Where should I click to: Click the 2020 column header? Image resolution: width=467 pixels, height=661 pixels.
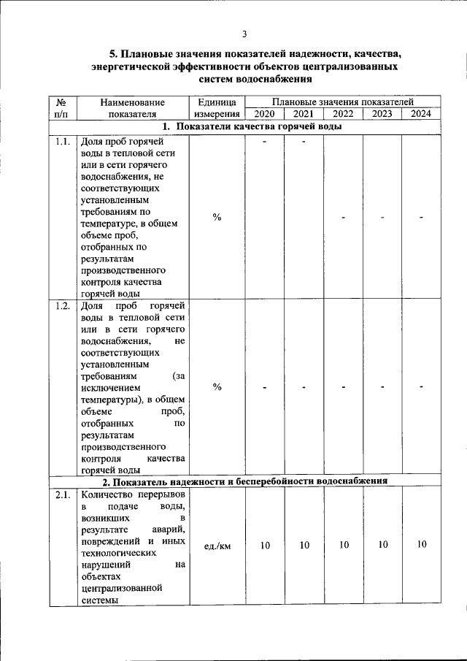point(264,114)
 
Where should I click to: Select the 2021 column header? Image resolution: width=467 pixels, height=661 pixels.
point(304,114)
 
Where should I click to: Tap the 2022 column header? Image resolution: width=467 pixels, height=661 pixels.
point(343,114)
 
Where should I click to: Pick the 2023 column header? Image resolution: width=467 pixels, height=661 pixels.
point(382,114)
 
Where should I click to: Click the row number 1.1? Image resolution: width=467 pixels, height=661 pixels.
point(62,142)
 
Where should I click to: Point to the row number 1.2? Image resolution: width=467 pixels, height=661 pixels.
point(62,306)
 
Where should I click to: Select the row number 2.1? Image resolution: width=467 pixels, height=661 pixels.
point(62,496)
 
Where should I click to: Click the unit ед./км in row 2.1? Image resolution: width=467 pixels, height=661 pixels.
point(217,546)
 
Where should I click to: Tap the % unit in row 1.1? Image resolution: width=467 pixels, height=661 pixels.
point(217,218)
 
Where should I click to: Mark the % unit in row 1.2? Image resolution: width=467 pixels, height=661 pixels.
point(217,387)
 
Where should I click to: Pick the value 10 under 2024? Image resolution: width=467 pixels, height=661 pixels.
point(422,545)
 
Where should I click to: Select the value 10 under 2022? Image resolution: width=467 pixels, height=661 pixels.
point(343,545)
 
